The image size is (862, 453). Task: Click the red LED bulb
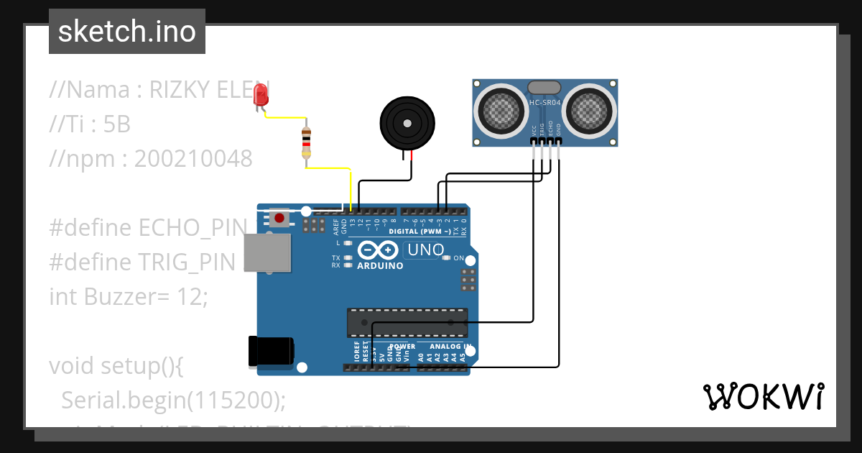click(x=261, y=94)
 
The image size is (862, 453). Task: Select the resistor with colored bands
click(x=307, y=142)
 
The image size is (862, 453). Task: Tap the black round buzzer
click(x=407, y=122)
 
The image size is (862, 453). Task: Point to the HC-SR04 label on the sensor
click(x=544, y=102)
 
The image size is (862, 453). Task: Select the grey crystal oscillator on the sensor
click(x=544, y=88)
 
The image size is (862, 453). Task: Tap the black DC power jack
click(x=271, y=351)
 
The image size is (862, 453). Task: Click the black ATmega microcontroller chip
click(x=407, y=323)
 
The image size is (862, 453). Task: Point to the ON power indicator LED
click(x=448, y=258)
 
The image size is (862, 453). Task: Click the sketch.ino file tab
click(x=127, y=32)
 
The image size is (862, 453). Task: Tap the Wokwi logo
click(x=763, y=396)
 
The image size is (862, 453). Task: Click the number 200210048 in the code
click(x=193, y=159)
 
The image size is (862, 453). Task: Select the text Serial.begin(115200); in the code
click(x=173, y=399)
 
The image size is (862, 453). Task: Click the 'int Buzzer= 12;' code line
click(x=128, y=296)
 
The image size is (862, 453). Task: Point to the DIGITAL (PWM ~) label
click(x=420, y=232)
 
